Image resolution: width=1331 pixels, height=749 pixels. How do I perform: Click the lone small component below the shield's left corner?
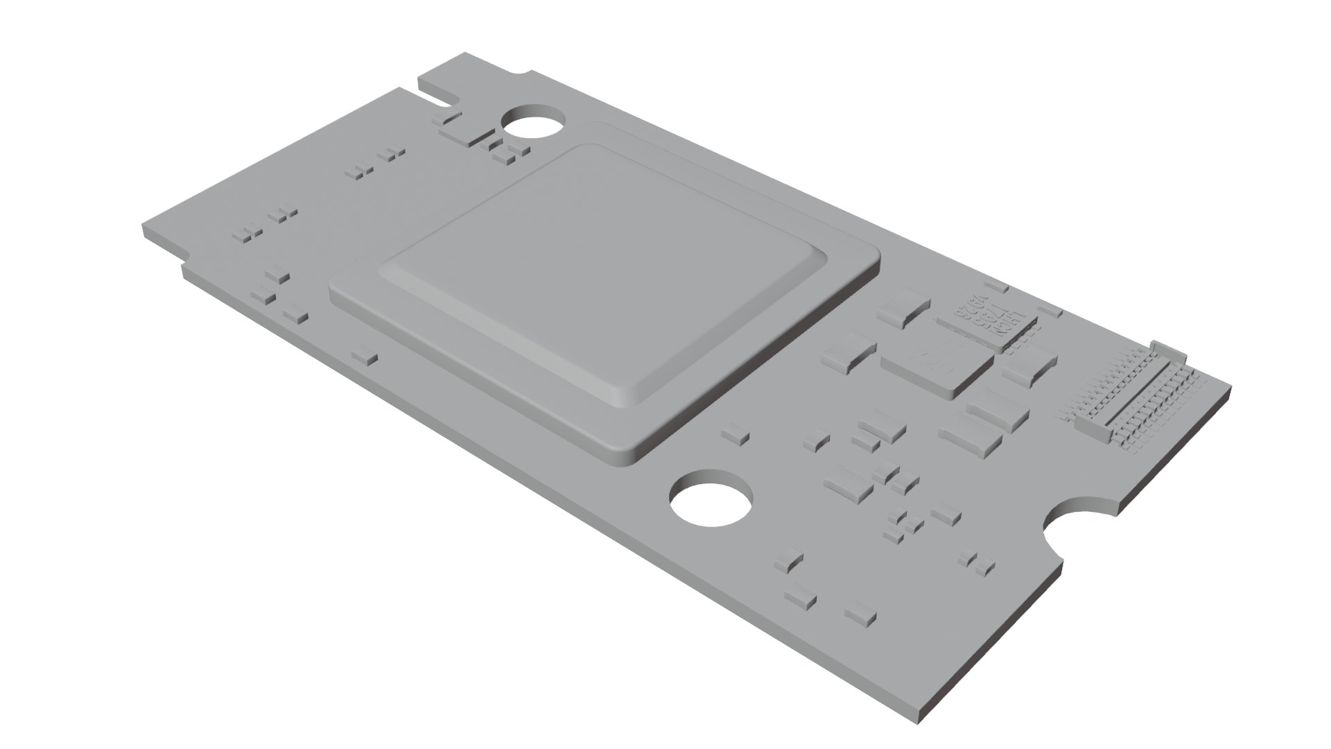tap(365, 357)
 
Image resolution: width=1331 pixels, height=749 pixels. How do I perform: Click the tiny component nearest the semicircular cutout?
tap(977, 562)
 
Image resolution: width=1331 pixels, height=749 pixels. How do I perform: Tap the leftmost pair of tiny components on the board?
tap(250, 234)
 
